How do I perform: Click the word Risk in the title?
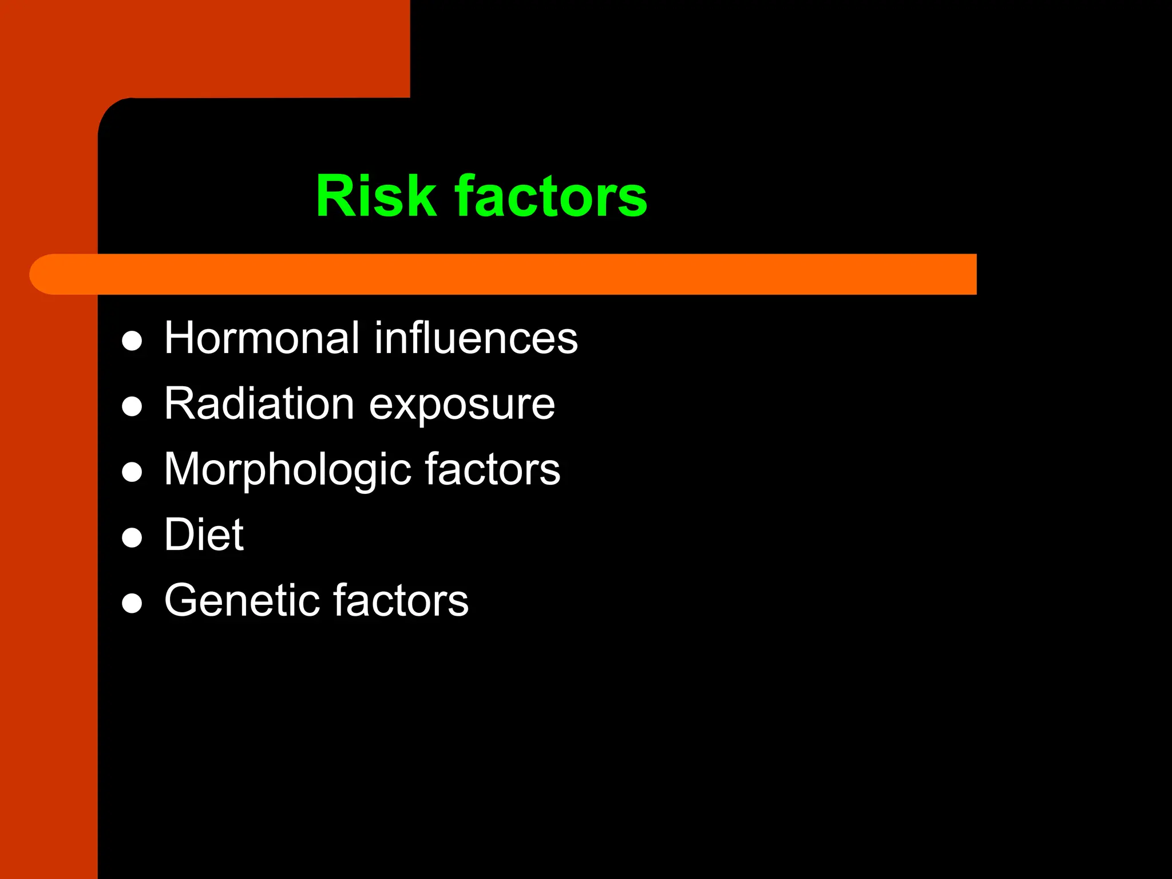click(x=376, y=196)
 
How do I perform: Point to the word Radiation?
click(x=259, y=403)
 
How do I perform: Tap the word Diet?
click(x=204, y=534)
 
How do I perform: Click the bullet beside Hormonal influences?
click(x=132, y=341)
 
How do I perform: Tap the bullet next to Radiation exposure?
click(x=132, y=407)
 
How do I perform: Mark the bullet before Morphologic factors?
click(x=132, y=473)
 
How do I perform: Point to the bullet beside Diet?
click(x=132, y=538)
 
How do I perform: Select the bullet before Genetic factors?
click(x=132, y=603)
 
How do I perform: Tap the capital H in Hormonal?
click(x=180, y=338)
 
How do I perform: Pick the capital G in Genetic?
click(x=184, y=600)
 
